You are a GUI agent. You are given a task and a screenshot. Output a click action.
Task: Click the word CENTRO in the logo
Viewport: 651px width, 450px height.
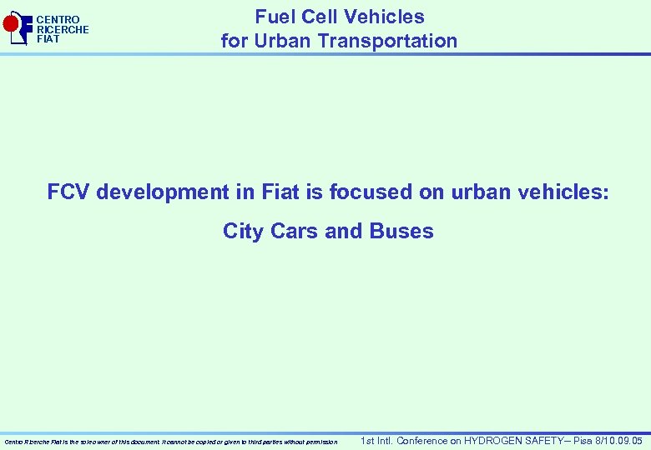coord(58,19)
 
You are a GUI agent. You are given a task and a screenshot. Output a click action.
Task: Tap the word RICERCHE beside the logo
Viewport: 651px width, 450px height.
coord(63,29)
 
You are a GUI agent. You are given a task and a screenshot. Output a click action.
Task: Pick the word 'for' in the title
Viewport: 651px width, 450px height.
coord(234,41)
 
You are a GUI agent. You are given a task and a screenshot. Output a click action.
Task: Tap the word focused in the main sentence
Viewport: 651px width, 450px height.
coord(364,192)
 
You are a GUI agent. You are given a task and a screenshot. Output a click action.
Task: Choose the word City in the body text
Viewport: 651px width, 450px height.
coord(243,231)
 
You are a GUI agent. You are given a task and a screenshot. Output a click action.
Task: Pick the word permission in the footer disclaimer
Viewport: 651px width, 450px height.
coord(320,442)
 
